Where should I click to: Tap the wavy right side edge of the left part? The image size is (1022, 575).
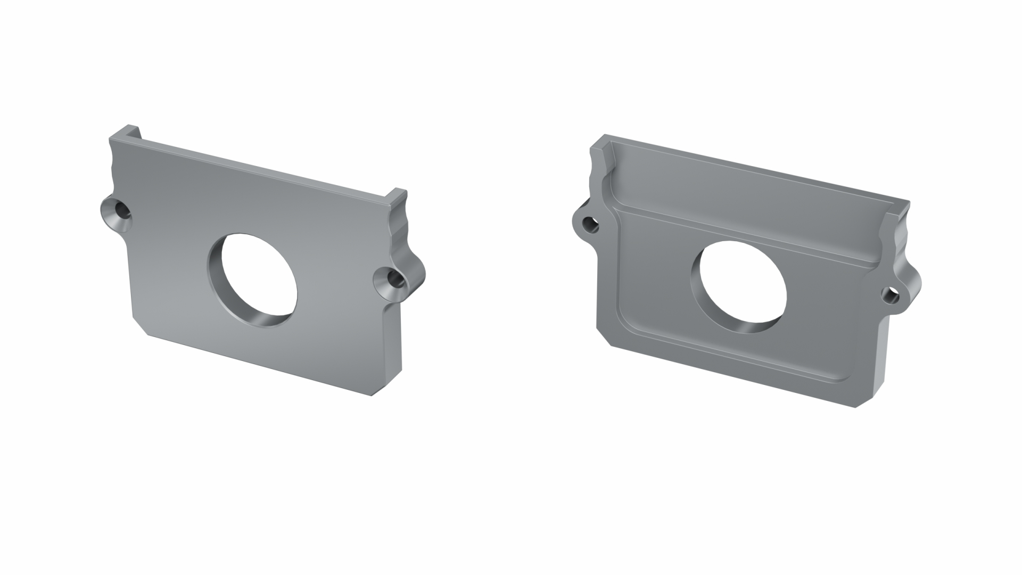click(x=400, y=229)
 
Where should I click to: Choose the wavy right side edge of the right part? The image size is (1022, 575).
click(x=900, y=240)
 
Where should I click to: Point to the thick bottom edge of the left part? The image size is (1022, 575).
click(x=256, y=364)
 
